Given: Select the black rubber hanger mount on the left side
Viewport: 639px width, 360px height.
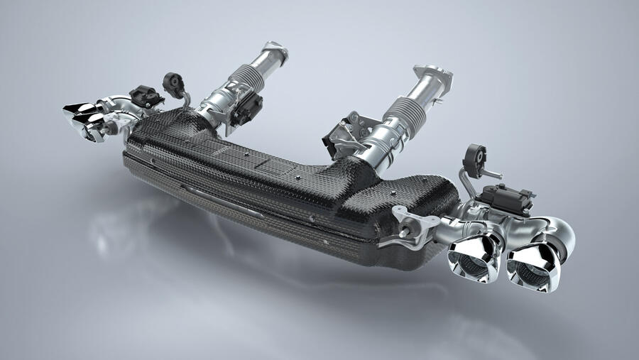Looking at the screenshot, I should [x=171, y=83].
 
